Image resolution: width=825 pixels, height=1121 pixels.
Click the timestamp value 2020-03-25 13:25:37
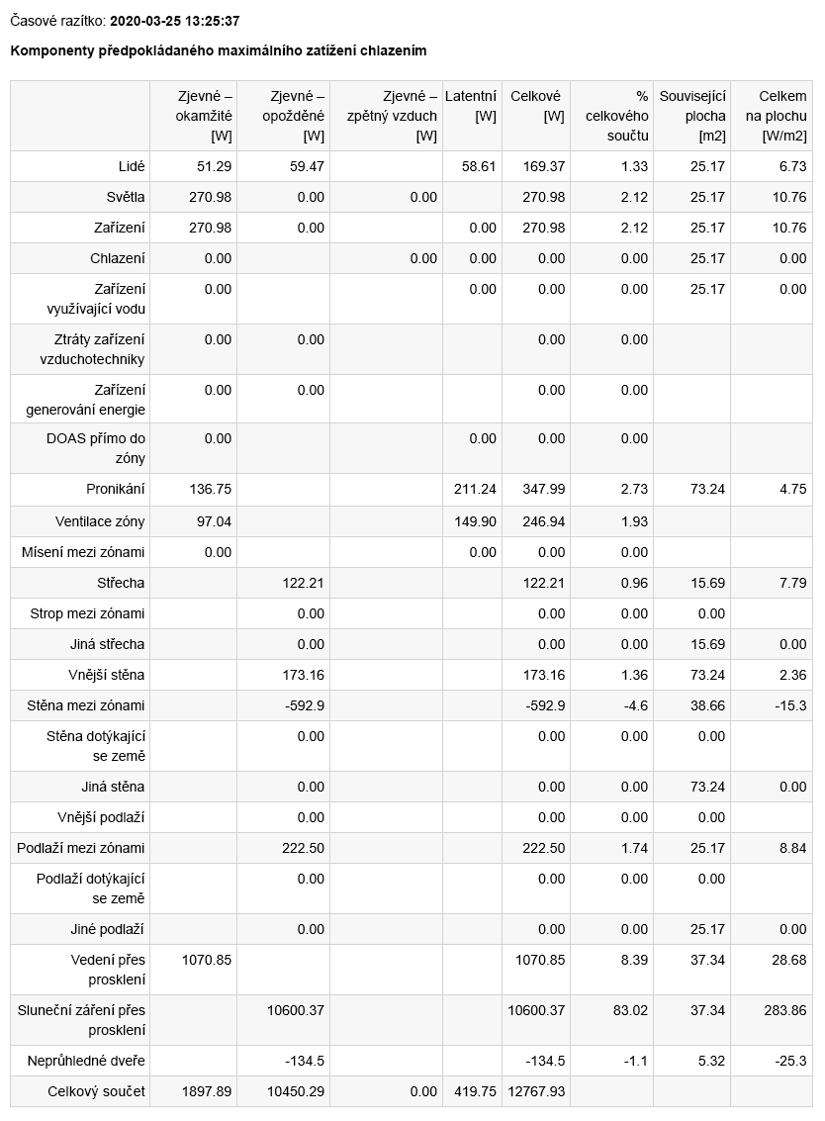175,21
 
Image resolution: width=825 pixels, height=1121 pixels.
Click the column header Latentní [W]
471,106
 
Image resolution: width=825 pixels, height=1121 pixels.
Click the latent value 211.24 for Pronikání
475,489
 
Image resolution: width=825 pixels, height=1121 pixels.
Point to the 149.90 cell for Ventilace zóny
475,520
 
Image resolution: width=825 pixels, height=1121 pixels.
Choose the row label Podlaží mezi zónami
81,848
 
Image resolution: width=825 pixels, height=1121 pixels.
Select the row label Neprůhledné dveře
86,1061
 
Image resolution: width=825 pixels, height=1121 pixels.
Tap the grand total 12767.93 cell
537,1091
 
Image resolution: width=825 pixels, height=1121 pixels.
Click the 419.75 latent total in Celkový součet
475,1091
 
